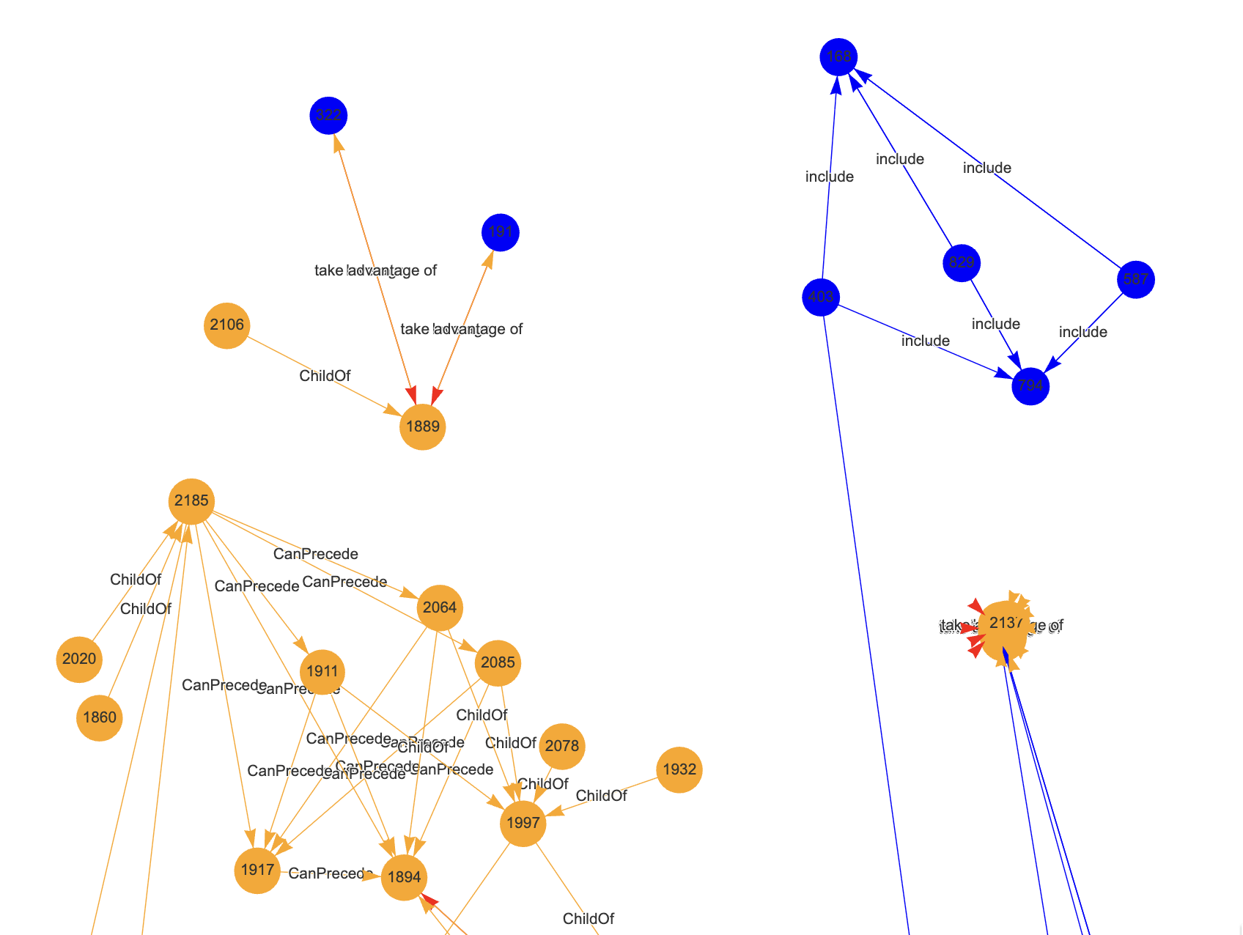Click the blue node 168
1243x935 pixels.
(x=838, y=57)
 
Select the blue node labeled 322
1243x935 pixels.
(x=328, y=116)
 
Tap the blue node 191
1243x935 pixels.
(x=501, y=232)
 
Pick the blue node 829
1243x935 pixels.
(x=962, y=263)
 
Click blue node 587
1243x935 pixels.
(x=1135, y=279)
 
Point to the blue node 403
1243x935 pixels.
(x=821, y=297)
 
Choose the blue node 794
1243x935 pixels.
(x=1030, y=385)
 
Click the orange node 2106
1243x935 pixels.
(x=227, y=325)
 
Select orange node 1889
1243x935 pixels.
(x=423, y=426)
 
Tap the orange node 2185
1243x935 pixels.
(x=192, y=501)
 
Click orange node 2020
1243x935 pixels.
(x=79, y=659)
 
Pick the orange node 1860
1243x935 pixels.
(x=100, y=717)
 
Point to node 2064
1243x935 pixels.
(x=440, y=607)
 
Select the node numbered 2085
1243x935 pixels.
(x=498, y=662)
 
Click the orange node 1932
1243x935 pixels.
(x=679, y=769)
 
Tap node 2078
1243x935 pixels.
(x=562, y=746)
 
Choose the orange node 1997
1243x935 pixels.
(x=523, y=823)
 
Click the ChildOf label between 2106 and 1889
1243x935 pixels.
(x=325, y=376)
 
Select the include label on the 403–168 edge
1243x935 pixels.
(x=830, y=177)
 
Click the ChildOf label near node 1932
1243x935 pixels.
(x=602, y=796)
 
